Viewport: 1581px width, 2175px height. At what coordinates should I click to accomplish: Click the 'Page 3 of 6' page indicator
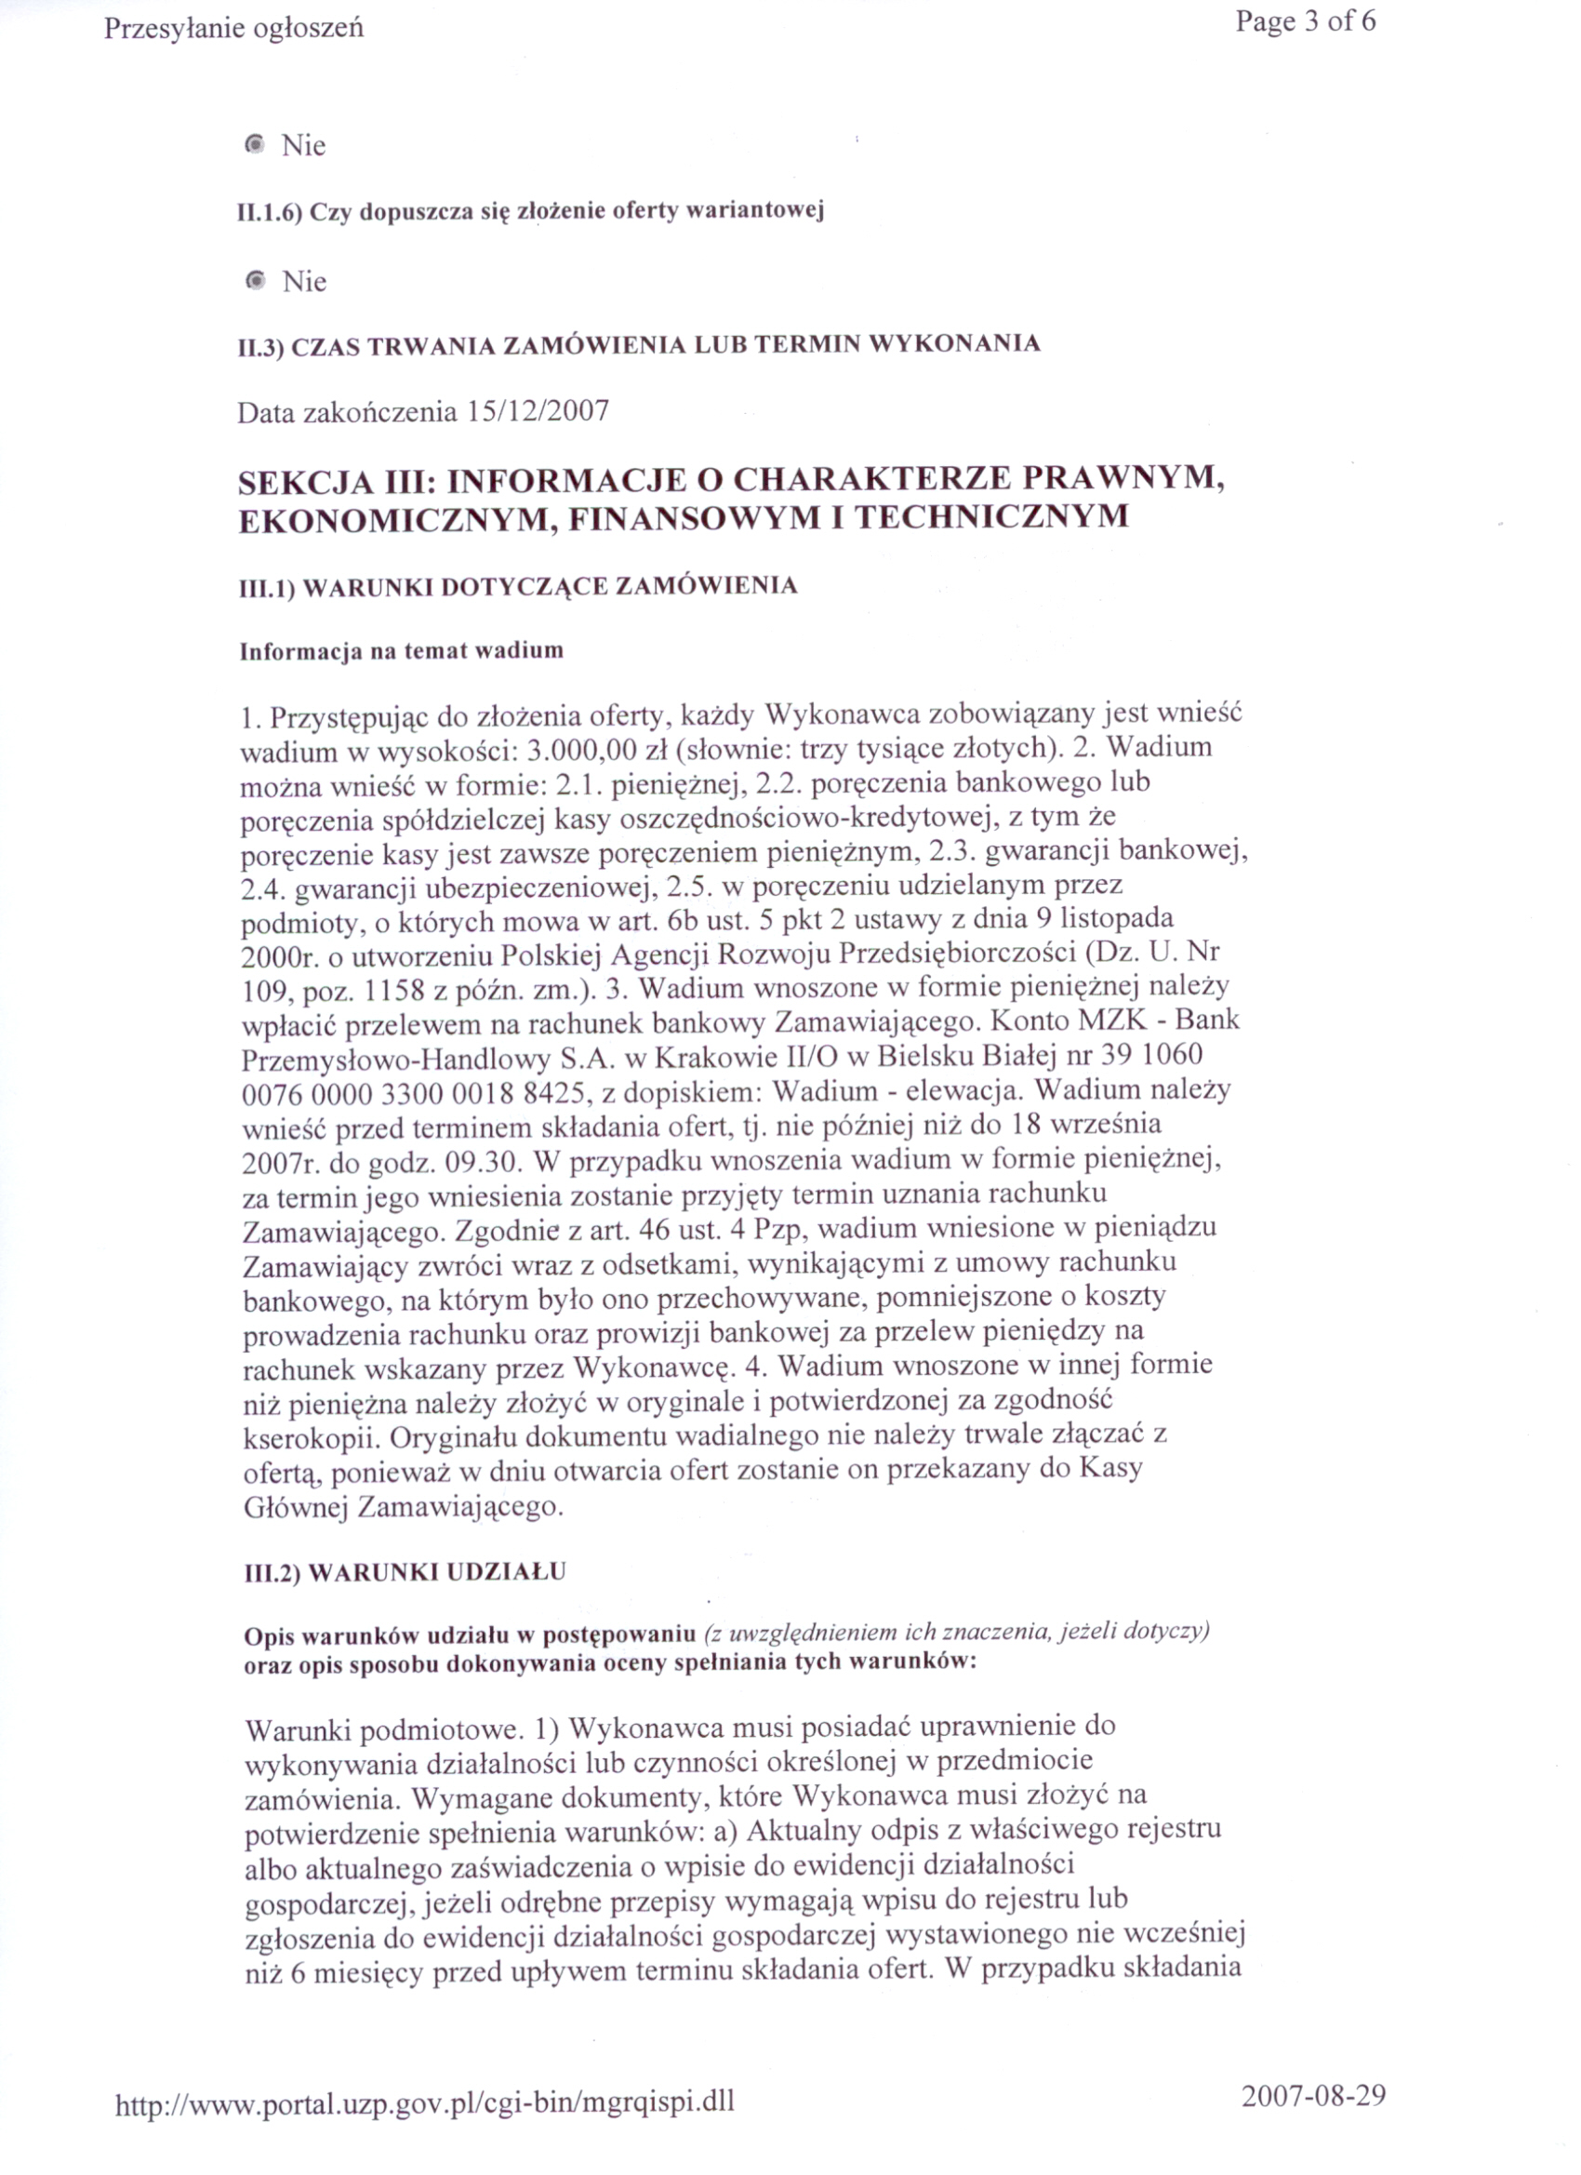pyautogui.click(x=1305, y=21)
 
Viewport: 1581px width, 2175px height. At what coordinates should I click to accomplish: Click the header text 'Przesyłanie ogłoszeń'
pyautogui.click(x=234, y=29)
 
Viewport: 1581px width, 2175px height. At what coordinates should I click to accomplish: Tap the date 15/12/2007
pyautogui.click(x=538, y=411)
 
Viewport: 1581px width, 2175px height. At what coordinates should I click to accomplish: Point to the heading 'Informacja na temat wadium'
pyautogui.click(x=401, y=651)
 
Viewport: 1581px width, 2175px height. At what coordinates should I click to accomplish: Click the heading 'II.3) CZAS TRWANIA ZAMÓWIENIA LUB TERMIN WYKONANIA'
pyautogui.click(x=639, y=344)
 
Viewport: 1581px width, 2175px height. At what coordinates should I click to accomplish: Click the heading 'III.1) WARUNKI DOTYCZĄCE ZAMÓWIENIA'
pyautogui.click(x=518, y=586)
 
